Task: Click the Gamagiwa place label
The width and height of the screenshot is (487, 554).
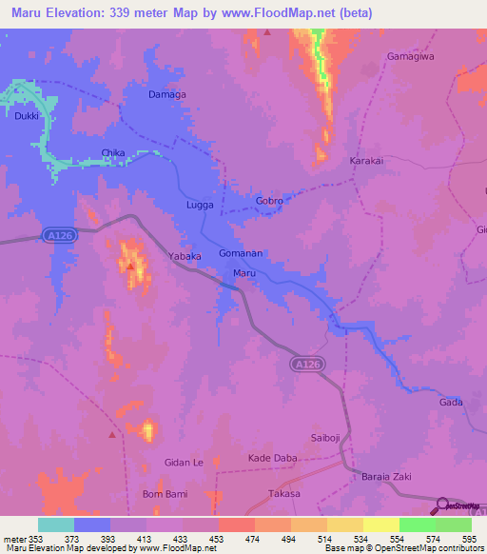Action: pos(411,56)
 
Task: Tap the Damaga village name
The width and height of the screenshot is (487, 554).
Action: pos(167,95)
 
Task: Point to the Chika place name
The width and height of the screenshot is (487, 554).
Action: pos(113,152)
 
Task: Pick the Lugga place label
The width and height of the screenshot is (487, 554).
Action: pos(200,205)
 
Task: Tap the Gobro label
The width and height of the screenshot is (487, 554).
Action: pos(270,202)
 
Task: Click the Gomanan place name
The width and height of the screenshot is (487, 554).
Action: pos(241,254)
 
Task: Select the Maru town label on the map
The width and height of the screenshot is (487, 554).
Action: pos(245,273)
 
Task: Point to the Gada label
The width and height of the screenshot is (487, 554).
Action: pos(451,403)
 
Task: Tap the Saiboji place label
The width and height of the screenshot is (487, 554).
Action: pos(324,437)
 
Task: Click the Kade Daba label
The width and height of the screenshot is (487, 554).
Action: pos(273,459)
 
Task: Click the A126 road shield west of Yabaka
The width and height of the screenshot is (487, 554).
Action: pos(58,234)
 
